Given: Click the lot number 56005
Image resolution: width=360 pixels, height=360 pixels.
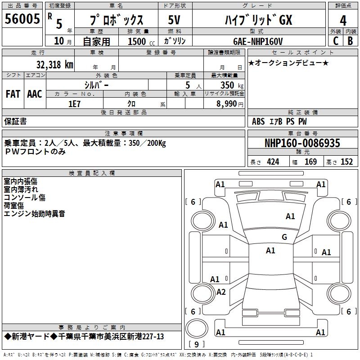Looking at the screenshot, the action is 22,20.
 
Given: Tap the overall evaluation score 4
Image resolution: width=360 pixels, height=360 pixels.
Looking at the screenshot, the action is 343,21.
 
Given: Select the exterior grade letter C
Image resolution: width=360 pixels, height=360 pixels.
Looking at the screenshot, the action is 335,40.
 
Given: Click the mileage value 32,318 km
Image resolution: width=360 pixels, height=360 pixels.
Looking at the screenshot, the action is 54,64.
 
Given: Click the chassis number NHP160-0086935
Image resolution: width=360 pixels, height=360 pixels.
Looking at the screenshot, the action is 302,144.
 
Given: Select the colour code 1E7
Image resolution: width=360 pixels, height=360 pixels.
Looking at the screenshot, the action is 74,103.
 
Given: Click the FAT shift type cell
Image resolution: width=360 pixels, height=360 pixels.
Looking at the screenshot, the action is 13,94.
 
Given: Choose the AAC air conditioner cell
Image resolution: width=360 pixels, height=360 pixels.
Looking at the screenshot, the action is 35,94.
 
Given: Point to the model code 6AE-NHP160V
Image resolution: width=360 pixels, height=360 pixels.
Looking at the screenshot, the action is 258,41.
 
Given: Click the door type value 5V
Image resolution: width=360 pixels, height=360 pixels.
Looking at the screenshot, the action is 174,20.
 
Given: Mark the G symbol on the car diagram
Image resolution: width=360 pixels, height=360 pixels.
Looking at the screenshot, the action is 284,237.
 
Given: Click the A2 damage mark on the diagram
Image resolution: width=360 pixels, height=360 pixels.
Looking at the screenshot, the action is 221,292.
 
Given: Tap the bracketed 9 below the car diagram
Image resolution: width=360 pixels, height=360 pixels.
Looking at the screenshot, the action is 197,345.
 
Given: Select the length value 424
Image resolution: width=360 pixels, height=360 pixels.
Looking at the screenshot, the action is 273,162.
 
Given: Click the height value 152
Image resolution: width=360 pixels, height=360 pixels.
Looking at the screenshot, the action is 346,162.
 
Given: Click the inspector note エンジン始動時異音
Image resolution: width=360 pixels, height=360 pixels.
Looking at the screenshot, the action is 35,214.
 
